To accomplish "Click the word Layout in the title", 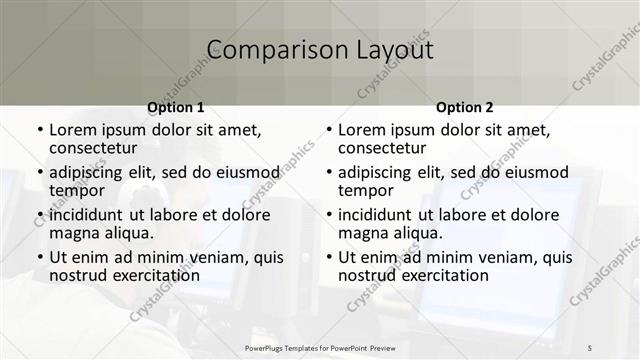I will click(x=389, y=50).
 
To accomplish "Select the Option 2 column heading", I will click(x=465, y=107).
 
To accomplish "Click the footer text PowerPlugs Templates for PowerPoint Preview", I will click(x=320, y=346).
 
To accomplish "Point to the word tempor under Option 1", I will click(x=76, y=190).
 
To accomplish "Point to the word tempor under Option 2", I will click(x=365, y=190).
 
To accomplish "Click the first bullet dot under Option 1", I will click(x=39, y=131).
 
